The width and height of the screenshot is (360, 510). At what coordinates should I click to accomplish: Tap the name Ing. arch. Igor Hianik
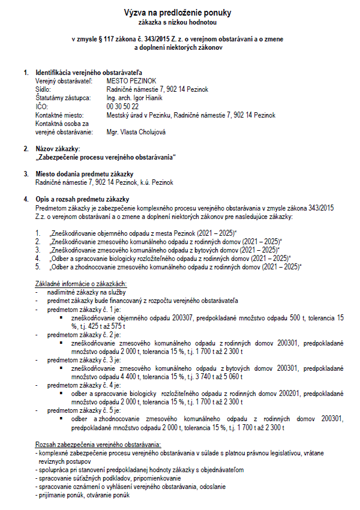(134, 98)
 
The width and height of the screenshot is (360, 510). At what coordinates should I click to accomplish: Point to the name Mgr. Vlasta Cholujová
(136, 131)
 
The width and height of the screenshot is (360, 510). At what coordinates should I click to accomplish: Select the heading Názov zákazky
(58, 148)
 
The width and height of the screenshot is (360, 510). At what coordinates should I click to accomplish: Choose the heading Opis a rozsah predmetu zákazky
(82, 199)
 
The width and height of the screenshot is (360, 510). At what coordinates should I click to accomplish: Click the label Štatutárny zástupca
(62, 98)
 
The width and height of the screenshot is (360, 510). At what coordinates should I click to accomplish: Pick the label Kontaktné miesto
(60, 115)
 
